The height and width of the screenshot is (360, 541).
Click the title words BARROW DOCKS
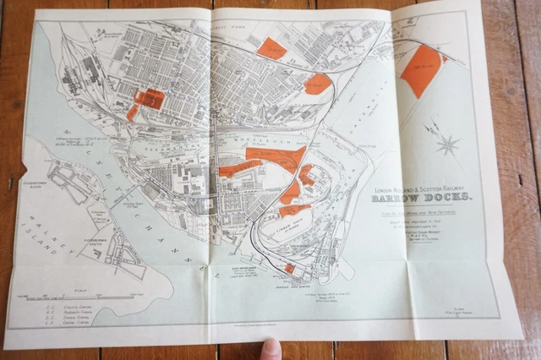point(424,197)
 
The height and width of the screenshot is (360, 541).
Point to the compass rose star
point(445,144)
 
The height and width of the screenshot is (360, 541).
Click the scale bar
point(93,295)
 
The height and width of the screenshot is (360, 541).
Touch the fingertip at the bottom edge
point(270,348)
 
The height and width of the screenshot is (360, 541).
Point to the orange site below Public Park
point(271,48)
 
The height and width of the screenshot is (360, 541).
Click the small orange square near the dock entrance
point(289,269)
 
